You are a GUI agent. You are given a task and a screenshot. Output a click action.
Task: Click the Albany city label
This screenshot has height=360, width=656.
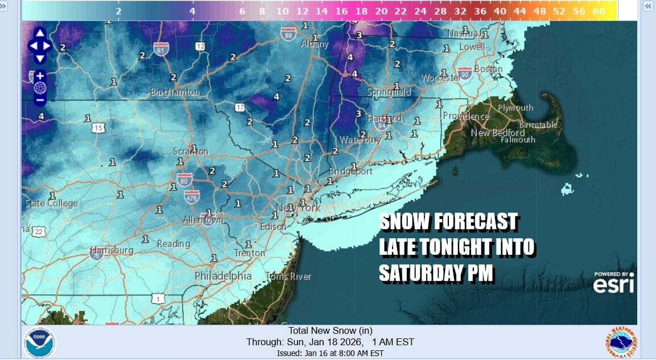pyautogui.click(x=314, y=44)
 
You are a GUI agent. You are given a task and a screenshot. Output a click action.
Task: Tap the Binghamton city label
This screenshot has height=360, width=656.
pyautogui.click(x=175, y=92)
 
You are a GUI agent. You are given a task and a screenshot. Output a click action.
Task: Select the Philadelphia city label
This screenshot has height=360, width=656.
pyautogui.click(x=223, y=276)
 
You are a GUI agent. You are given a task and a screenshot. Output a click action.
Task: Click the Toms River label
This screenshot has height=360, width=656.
pyautogui.click(x=288, y=276)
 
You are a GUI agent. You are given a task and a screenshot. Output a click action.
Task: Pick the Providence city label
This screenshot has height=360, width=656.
pyautogui.click(x=466, y=116)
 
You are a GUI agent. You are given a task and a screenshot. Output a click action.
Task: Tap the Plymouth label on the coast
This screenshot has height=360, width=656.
pyautogui.click(x=515, y=107)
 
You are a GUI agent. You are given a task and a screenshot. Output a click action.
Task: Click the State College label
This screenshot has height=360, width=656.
pyautogui.click(x=51, y=204)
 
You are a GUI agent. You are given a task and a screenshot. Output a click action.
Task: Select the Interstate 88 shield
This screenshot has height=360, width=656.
pyautogui.click(x=288, y=33)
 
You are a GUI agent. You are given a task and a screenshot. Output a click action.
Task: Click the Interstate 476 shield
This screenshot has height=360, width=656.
pyautogui.click(x=191, y=197)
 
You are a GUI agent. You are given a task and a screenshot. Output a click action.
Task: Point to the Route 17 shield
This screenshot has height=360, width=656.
pyautogui.click(x=240, y=107)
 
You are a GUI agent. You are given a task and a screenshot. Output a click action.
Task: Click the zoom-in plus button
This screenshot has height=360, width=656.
pyautogui.click(x=40, y=75)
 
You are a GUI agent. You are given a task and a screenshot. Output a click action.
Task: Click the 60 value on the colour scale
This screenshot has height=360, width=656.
pyautogui.click(x=598, y=11)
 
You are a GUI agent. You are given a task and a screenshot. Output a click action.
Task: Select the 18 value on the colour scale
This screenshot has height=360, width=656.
pyautogui.click(x=361, y=11)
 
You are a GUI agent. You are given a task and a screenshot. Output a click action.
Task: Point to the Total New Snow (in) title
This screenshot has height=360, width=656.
pyautogui.click(x=330, y=330)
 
